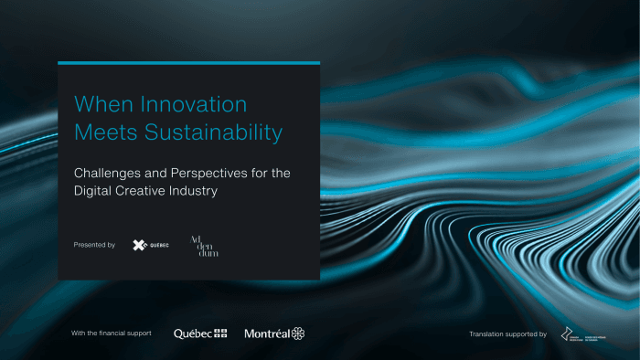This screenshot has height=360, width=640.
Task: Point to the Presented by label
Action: click(x=94, y=245)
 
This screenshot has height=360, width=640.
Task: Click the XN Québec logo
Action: click(x=150, y=245)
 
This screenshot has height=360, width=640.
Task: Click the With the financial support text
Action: click(x=112, y=334)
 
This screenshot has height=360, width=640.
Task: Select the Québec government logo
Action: click(x=200, y=334)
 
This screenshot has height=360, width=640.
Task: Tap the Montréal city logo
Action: click(x=274, y=334)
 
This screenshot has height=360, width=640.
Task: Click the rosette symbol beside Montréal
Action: click(x=298, y=334)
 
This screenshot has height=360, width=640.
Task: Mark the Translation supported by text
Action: click(x=507, y=334)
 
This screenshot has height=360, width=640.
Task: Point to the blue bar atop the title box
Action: click(x=188, y=63)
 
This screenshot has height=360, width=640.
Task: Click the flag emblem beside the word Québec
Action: click(x=220, y=334)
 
